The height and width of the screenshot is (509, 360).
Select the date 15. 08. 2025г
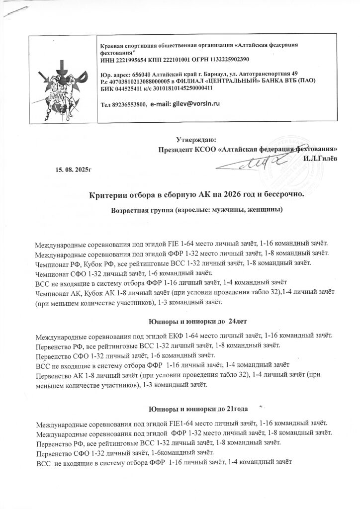(x=75, y=170)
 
